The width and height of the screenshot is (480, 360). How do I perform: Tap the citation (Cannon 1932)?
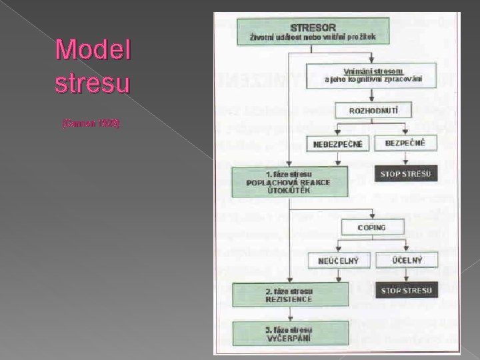(91, 125)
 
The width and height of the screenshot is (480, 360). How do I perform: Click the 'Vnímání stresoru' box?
(371, 75)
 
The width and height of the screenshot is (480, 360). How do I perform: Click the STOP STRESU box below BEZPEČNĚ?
(407, 175)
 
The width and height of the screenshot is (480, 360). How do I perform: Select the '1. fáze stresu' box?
(290, 180)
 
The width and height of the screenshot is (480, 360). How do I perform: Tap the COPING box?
(371, 227)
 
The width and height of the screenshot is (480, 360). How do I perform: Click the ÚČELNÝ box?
(407, 259)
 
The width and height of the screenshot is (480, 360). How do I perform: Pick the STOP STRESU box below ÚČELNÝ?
(407, 291)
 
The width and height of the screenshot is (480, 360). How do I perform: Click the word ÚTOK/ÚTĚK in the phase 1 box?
(289, 189)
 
